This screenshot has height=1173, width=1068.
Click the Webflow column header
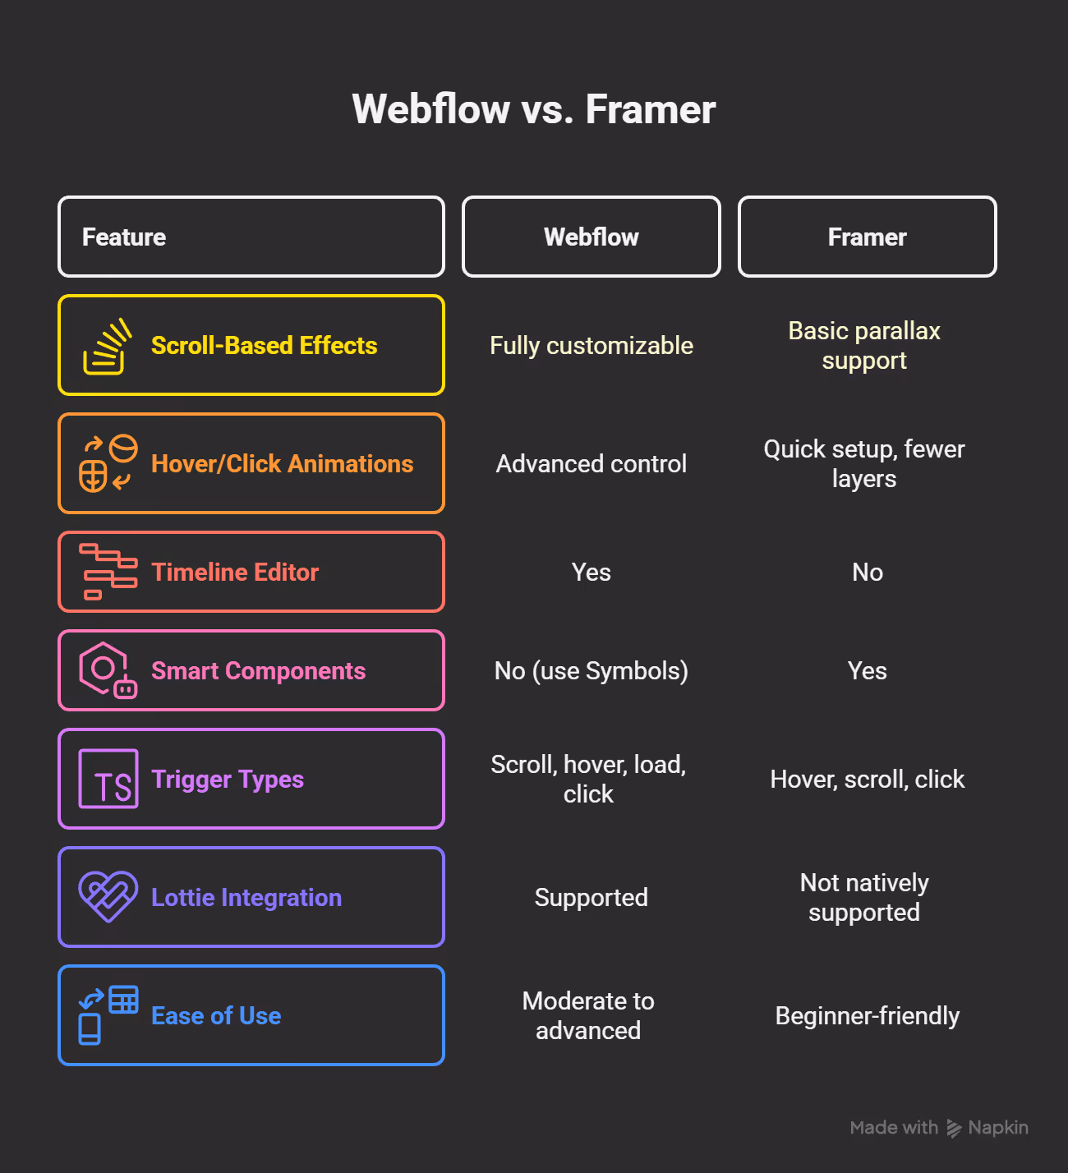click(591, 237)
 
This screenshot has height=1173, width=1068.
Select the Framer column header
click(867, 237)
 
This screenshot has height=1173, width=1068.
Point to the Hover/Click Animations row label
click(282, 464)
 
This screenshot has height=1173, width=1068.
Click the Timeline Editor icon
click(108, 572)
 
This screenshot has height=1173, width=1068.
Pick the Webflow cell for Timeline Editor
click(591, 573)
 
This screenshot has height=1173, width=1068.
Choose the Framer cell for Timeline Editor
click(867, 573)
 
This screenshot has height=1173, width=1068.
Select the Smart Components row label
click(258, 671)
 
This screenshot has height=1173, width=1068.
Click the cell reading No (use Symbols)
click(591, 671)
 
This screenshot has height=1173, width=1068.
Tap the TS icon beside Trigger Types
click(108, 779)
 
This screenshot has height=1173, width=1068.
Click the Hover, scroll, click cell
click(867, 780)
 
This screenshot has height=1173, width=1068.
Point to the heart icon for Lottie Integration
click(108, 897)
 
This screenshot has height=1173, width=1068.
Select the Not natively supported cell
click(864, 898)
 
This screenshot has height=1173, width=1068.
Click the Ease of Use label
click(216, 1016)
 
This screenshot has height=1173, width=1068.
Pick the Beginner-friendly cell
click(867, 1016)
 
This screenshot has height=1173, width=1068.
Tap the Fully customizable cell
click(591, 346)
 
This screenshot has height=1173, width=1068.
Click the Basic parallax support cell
click(864, 346)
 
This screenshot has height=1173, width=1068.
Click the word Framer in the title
click(650, 109)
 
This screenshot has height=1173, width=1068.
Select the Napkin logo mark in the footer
click(954, 1128)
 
